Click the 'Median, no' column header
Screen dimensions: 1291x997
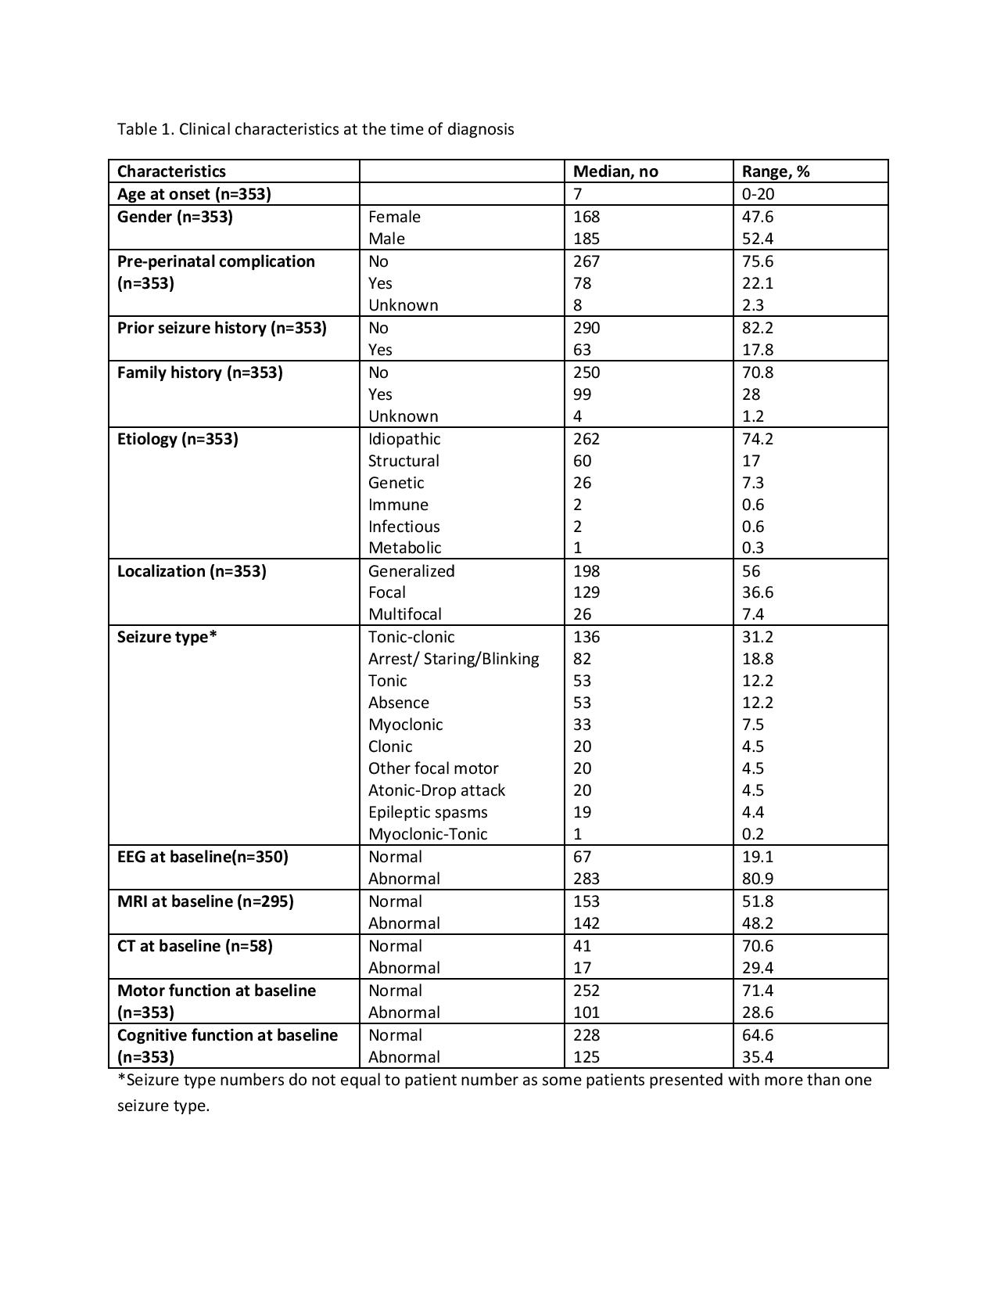click(615, 171)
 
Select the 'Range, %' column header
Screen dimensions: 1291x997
click(775, 171)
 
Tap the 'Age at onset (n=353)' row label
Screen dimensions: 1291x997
click(194, 194)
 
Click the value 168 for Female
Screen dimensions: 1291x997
click(586, 217)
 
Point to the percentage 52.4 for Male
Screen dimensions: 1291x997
click(758, 239)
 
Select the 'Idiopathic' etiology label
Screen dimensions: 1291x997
click(404, 439)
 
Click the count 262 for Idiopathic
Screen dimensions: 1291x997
click(586, 439)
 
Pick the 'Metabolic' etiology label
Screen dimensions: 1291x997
click(404, 548)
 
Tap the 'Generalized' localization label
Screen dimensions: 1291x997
click(411, 571)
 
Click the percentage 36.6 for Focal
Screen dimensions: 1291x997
click(758, 592)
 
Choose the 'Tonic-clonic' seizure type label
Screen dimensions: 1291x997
click(411, 637)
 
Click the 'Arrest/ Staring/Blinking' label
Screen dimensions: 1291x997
click(454, 659)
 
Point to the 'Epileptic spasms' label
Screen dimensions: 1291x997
click(428, 812)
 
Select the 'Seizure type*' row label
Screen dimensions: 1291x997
click(167, 637)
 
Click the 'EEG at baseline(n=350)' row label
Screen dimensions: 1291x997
click(203, 857)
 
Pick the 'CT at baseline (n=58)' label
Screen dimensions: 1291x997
click(195, 946)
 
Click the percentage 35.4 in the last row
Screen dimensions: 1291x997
click(758, 1057)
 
